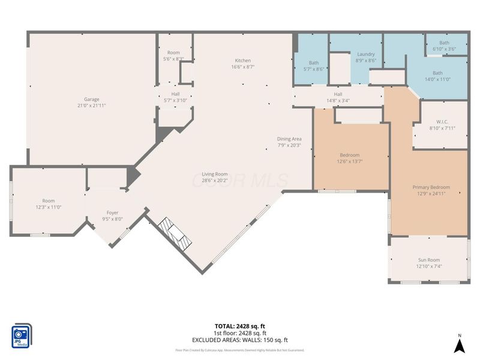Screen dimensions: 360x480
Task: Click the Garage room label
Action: point(92,100)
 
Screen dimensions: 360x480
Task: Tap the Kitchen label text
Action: point(243,61)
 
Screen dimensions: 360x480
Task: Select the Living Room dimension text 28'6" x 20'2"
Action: point(214,180)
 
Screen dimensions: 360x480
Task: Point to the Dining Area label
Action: point(289,139)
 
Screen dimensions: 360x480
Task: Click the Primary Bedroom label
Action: point(431,187)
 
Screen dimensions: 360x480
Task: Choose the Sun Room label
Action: point(429,260)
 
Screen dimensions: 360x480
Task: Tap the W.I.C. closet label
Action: point(443,122)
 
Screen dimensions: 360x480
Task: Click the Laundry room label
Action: point(365,54)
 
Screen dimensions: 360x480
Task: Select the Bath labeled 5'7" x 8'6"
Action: point(314,63)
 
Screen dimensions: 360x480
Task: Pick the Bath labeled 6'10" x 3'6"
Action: point(444,43)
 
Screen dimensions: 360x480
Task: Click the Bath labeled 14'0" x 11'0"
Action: point(437,73)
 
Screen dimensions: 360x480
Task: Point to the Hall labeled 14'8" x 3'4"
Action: point(338,94)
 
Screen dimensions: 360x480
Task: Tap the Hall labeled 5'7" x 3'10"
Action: point(175,94)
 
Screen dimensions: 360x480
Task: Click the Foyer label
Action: point(112,213)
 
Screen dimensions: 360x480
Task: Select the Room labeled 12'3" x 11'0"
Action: point(48,201)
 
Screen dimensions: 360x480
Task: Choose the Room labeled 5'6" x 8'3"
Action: point(173,53)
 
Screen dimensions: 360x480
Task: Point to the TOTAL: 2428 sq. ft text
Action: point(240,326)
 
